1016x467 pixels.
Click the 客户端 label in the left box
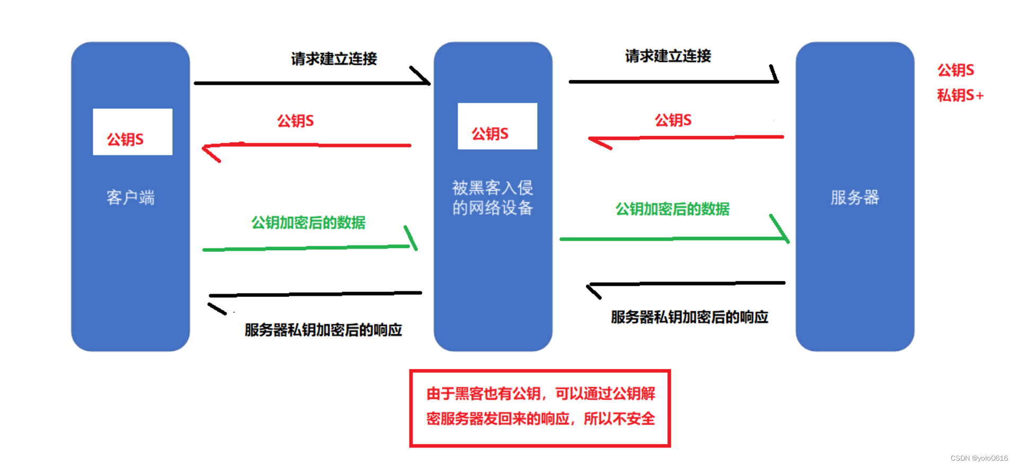click(130, 198)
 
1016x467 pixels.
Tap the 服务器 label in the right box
click(854, 198)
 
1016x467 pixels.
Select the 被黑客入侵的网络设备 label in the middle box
click(493, 198)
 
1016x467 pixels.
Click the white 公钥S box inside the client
click(133, 132)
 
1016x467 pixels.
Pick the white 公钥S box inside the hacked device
click(497, 126)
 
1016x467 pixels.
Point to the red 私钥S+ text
click(960, 95)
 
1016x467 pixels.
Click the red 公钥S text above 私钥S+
click(955, 70)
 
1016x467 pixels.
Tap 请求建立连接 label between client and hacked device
click(334, 58)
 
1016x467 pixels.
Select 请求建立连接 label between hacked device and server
click(668, 56)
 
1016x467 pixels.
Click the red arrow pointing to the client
click(308, 145)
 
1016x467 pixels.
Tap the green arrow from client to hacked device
click(308, 248)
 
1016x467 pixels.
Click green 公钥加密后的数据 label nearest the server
click(672, 209)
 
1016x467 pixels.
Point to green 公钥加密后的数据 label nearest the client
click(308, 223)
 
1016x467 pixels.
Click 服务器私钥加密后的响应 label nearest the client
click(323, 330)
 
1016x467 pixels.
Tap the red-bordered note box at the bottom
click(540, 408)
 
